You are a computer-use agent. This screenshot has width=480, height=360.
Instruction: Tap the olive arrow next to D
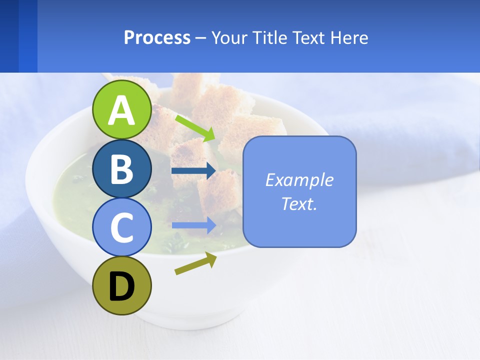click(195, 263)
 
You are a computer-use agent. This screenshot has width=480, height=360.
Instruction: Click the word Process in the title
click(157, 38)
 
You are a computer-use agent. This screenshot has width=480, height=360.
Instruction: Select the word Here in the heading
click(350, 38)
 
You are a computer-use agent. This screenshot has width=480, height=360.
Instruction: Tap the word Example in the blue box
click(299, 180)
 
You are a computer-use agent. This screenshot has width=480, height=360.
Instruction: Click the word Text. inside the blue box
click(299, 204)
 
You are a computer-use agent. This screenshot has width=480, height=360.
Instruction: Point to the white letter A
click(122, 110)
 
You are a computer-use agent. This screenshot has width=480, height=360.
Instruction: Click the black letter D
click(122, 287)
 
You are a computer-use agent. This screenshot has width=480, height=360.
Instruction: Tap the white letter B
click(122, 169)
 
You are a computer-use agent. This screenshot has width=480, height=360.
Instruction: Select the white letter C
click(122, 227)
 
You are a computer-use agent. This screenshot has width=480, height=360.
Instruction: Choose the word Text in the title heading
click(309, 38)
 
